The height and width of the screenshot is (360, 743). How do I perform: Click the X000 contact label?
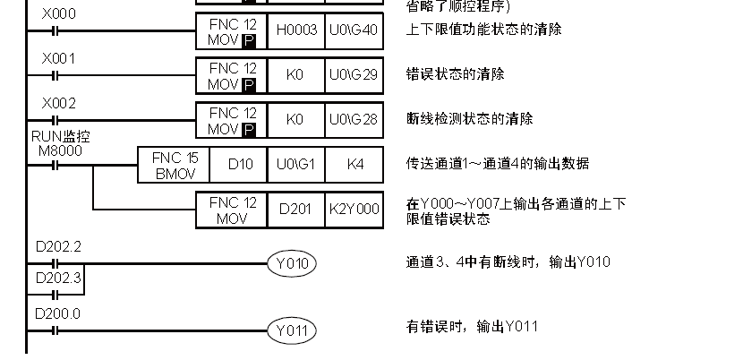59,13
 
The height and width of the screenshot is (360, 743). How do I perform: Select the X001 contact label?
59,58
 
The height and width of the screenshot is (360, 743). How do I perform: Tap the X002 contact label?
59,103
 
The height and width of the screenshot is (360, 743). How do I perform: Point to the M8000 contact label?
60,150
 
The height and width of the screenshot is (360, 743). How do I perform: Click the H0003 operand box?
295,30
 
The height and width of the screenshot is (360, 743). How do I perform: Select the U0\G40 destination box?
354,30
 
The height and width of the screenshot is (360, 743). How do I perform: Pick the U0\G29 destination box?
354,74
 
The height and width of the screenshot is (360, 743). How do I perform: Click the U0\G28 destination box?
354,119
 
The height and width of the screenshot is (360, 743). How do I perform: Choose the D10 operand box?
237,164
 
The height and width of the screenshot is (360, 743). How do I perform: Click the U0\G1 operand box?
295,164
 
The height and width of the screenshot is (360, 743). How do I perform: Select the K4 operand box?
354,164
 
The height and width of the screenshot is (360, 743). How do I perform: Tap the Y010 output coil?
292,263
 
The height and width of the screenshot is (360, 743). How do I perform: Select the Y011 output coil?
292,330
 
